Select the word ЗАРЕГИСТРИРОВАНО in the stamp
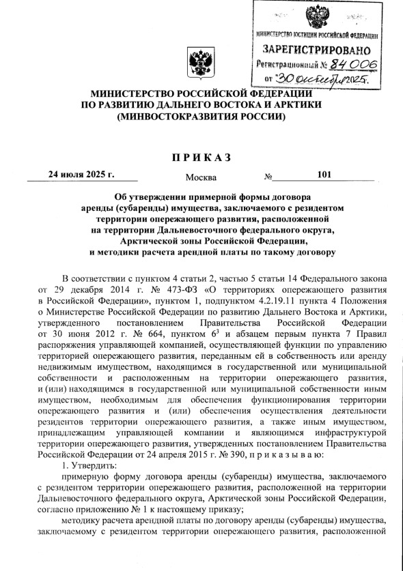pos(317,51)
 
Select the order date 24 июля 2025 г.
pos(81,174)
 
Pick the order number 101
pos(324,174)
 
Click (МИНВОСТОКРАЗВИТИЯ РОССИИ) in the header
pos(201,117)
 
